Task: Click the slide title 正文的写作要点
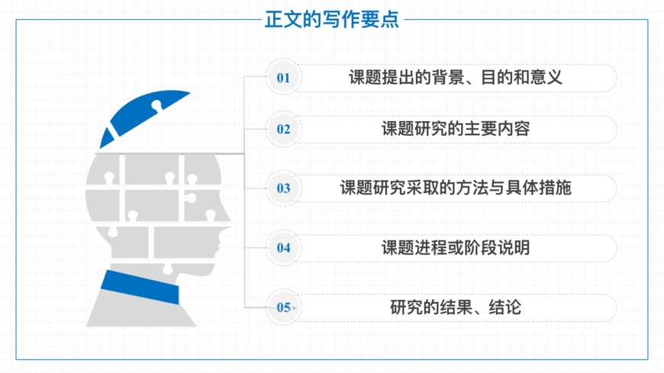coord(331,20)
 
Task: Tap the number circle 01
coord(283,77)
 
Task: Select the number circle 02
coord(283,129)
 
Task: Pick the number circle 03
coord(283,188)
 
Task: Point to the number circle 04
coord(283,248)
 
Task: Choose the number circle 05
coord(283,307)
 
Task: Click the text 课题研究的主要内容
coord(456,129)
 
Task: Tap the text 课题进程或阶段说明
coord(456,248)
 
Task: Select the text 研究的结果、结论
coord(456,307)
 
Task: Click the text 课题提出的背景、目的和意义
coord(456,77)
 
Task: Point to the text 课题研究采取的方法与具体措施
coord(456,188)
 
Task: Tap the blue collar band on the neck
coord(140,287)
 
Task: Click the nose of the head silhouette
coord(227,216)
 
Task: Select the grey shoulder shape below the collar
coord(141,311)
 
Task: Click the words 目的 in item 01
coord(496,78)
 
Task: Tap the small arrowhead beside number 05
coord(295,308)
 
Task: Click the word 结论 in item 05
coord(504,307)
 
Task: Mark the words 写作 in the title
coord(331,20)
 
